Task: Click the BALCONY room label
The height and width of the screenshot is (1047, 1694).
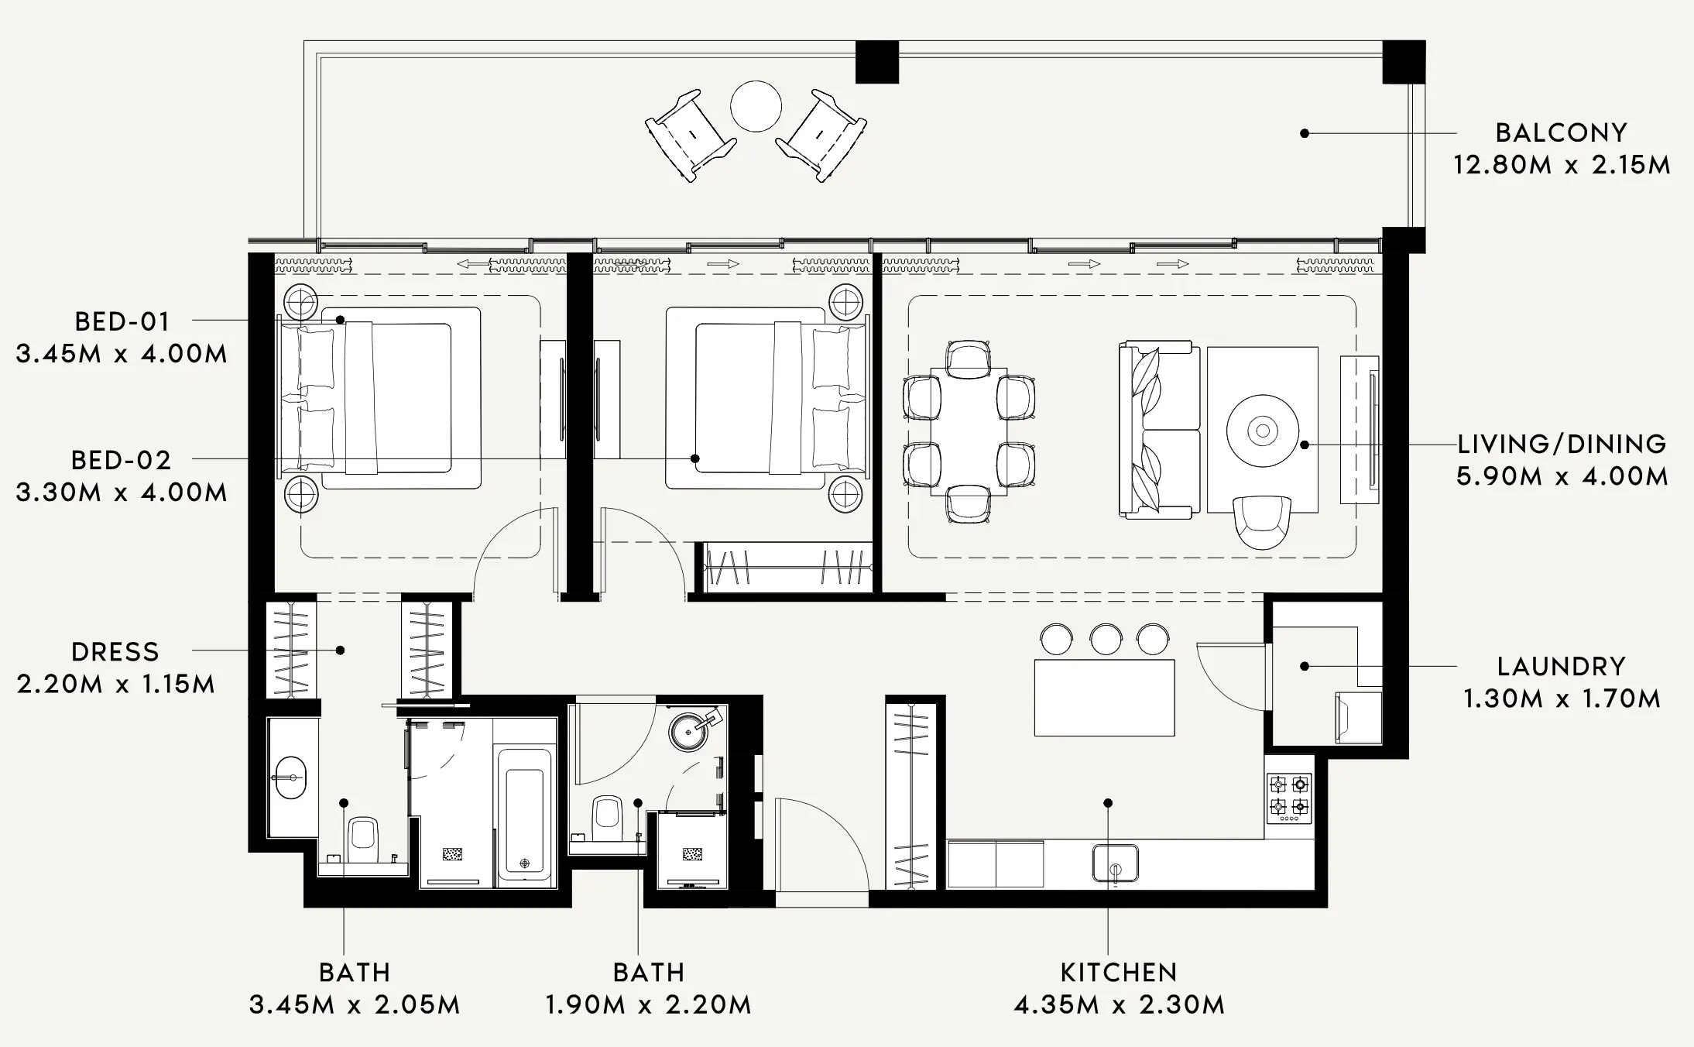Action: coord(1561,132)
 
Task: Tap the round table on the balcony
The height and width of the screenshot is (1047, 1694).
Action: coord(756,106)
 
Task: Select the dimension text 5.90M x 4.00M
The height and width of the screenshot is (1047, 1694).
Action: coord(1562,476)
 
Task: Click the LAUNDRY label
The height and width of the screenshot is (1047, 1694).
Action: coord(1561,666)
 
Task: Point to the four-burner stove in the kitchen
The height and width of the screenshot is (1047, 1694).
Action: coord(1288,798)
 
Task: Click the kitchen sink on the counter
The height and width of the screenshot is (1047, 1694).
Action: coord(1116,863)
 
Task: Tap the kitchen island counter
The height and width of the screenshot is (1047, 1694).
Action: coord(1105,698)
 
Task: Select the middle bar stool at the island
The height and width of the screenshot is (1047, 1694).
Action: coord(1106,639)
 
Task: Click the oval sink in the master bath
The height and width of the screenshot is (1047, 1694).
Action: coord(291,777)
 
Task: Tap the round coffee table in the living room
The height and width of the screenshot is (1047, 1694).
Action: coord(1263,431)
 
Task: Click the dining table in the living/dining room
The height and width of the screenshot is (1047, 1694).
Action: coord(969,431)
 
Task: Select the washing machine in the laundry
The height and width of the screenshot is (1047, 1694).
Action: coord(1359,717)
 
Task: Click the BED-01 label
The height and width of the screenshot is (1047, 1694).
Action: coord(122,321)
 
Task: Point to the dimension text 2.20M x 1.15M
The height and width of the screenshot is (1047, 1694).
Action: coord(116,685)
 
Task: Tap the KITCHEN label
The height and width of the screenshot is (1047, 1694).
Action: coord(1119,972)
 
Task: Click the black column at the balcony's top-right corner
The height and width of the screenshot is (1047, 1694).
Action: coord(1404,62)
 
